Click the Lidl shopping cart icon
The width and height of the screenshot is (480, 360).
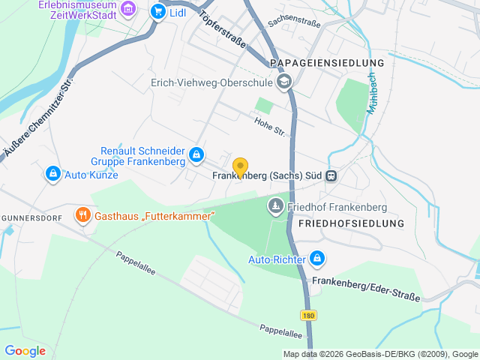coord(157,11)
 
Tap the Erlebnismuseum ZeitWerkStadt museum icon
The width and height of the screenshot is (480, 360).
coord(128,9)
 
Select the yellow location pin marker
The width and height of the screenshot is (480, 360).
coord(240,167)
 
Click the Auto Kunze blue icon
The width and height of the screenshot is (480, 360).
coord(52,175)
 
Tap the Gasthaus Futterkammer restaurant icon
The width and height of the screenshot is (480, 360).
coord(82,216)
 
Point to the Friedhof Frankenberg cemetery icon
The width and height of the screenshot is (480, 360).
coord(276,205)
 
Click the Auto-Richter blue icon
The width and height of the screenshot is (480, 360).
coord(317,259)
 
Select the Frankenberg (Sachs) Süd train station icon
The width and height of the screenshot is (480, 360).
coord(331,176)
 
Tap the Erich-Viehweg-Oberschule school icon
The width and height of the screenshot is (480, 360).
coord(284,82)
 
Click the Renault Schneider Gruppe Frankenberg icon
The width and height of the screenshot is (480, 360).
coord(196,155)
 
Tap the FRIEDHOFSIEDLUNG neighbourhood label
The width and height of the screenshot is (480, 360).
coord(351,223)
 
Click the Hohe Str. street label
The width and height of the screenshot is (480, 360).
coord(270,126)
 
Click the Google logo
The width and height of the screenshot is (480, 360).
coord(25,351)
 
